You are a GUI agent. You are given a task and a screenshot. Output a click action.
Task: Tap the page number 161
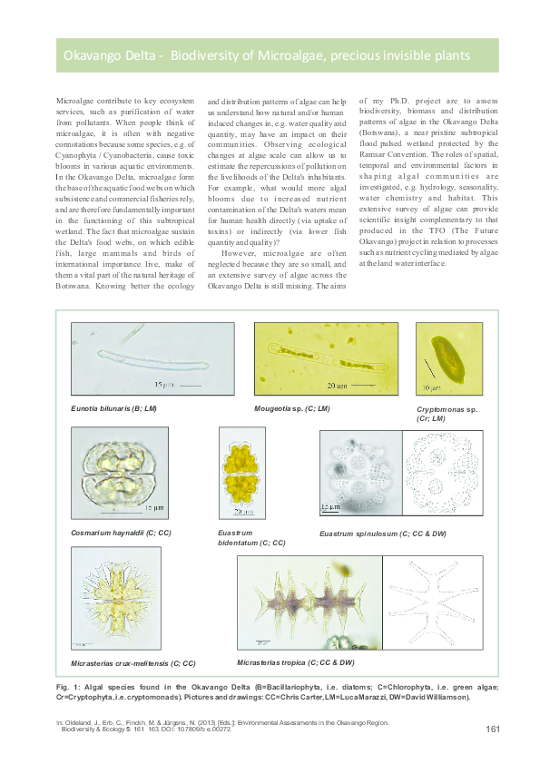click(x=494, y=729)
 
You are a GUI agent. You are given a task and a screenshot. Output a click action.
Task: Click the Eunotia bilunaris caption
click(x=114, y=410)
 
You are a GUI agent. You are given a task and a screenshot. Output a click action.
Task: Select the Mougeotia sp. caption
click(x=292, y=409)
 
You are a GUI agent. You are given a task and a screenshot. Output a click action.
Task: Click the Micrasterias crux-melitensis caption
click(x=133, y=664)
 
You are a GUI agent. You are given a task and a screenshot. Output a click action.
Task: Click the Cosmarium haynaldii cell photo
click(x=118, y=475)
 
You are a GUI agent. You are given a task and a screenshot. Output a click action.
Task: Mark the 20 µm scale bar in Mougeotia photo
click(x=363, y=385)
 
